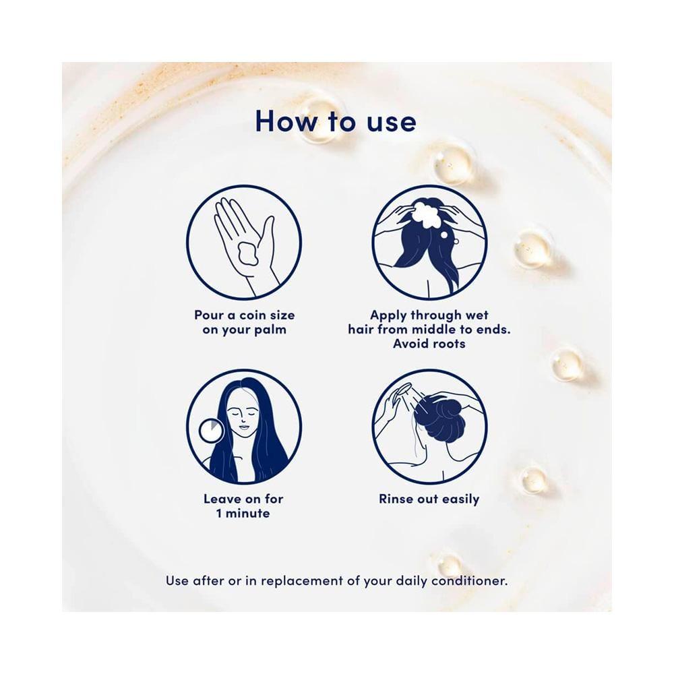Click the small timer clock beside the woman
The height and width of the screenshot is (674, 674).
tap(211, 431)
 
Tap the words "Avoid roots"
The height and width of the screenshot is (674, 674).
tap(429, 344)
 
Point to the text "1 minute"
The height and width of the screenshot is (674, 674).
tap(243, 513)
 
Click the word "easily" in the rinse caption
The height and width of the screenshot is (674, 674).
tap(460, 500)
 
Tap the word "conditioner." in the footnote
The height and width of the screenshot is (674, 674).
tap(469, 581)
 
